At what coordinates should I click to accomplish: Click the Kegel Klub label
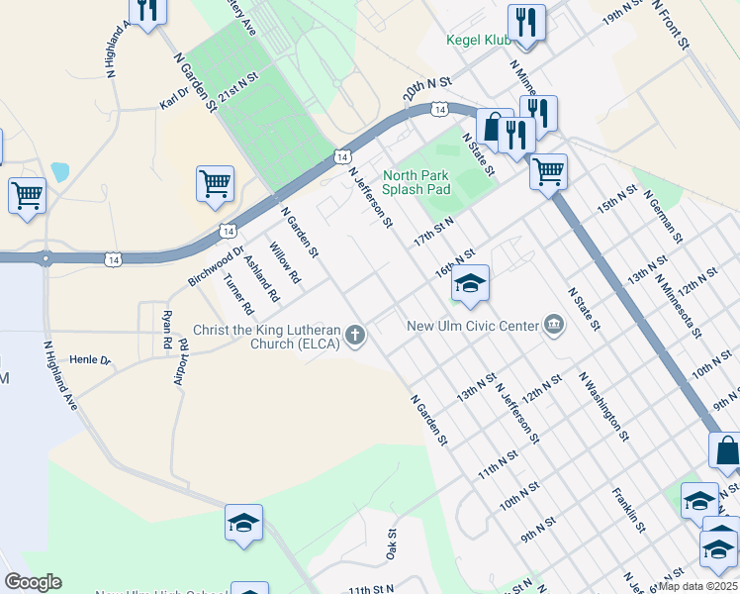(x=478, y=41)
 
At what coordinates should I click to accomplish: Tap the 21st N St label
(x=237, y=83)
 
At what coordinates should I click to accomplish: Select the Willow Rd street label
(x=284, y=264)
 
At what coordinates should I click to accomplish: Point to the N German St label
(x=662, y=218)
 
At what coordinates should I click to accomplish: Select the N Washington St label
(x=603, y=406)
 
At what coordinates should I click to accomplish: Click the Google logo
(x=33, y=582)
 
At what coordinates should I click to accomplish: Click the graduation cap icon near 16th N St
(x=471, y=284)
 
